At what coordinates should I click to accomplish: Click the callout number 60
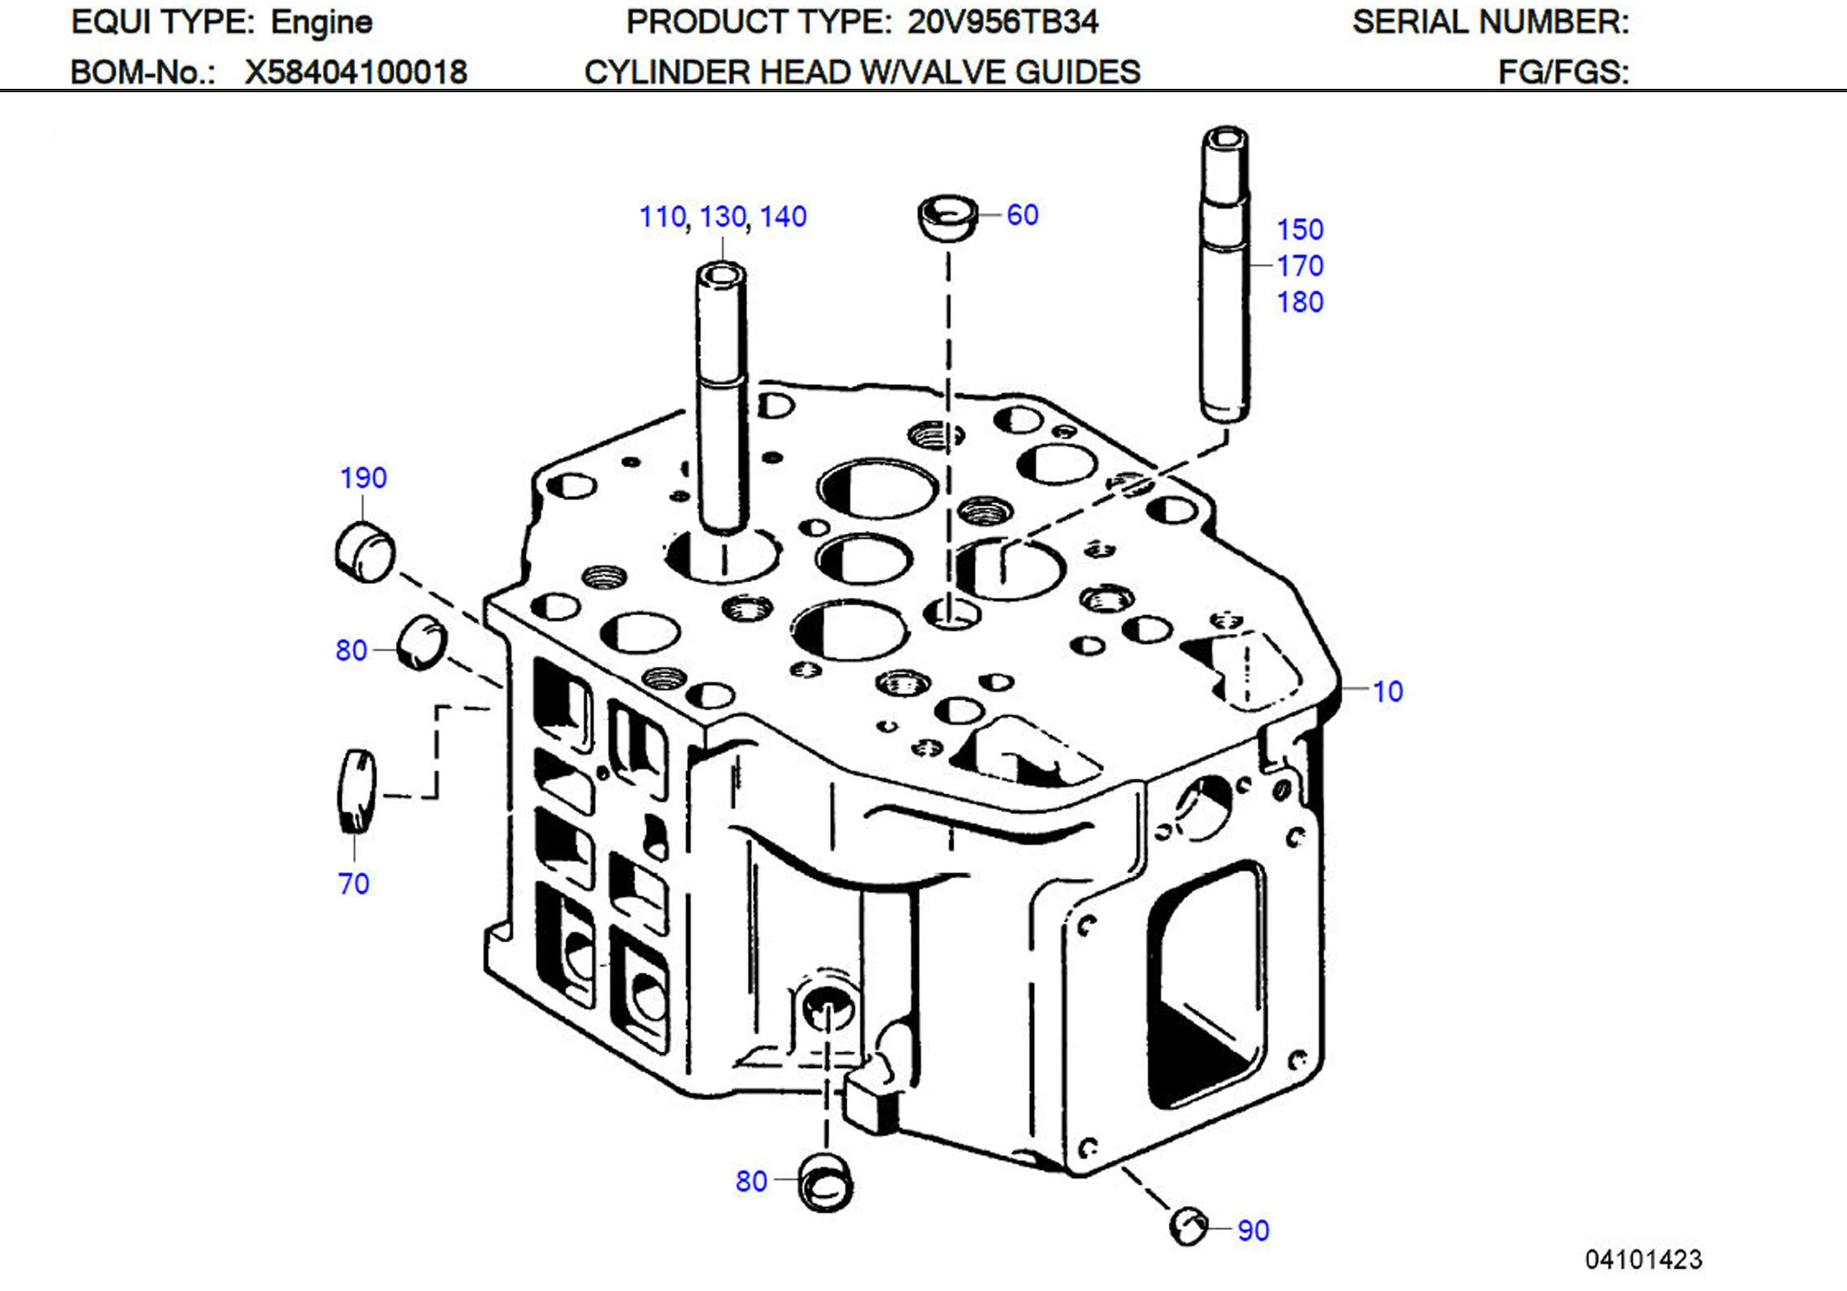[x=1021, y=215]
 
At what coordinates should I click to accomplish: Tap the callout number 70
[x=353, y=884]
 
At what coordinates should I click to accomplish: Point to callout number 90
[x=1253, y=1231]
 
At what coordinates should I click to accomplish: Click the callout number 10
[x=1387, y=691]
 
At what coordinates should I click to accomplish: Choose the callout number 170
[x=1300, y=265]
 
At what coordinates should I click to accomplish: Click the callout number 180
[x=1300, y=302]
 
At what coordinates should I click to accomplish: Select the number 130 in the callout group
[x=722, y=217]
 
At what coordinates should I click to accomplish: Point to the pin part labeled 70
[x=356, y=791]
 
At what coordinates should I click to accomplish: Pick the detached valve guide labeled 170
[x=1225, y=274]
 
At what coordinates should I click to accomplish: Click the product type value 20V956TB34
[x=1002, y=21]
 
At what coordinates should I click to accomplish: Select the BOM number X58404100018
[x=356, y=73]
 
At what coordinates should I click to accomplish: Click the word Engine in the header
[x=321, y=21]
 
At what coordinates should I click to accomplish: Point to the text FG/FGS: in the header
[x=1562, y=73]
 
